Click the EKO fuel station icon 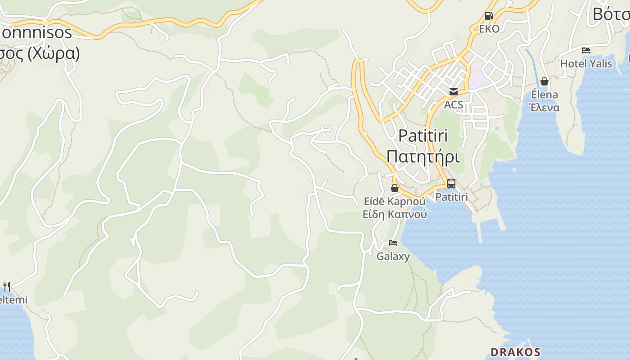pos(489,16)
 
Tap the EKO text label pos(489,29)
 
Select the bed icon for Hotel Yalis pos(585,50)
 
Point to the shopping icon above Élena pos(544,81)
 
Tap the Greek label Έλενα pos(544,108)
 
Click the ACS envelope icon pos(453,92)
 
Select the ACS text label pos(453,105)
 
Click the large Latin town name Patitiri pos(423,136)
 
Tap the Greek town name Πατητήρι pos(423,157)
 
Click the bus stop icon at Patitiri pos(451,184)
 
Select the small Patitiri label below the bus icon pos(451,197)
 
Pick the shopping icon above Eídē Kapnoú pos(395,188)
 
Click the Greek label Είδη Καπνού pos(395,214)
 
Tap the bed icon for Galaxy pos(393,243)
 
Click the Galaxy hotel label pos(393,256)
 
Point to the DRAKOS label pos(515,351)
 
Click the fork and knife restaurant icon pos(7,286)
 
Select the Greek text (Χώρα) pos(54,53)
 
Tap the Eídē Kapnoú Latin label pos(395,201)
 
